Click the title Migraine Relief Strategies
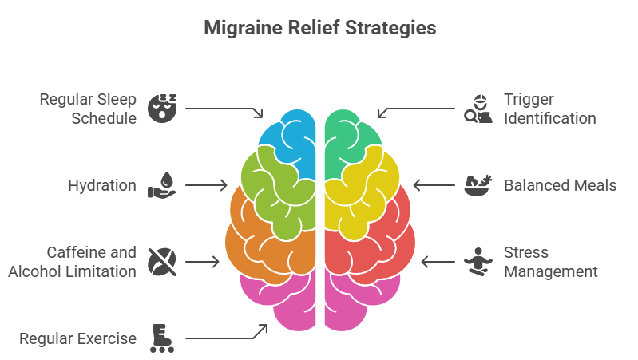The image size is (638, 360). coord(319,28)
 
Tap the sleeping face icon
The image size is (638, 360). coord(163,107)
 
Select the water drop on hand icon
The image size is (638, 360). coord(162,184)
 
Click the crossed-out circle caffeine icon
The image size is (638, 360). coord(162,261)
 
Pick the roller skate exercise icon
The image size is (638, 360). coord(162,337)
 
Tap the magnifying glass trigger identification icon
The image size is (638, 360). coord(478,108)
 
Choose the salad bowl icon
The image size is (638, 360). coord(478,185)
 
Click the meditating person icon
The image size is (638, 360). coord(478,262)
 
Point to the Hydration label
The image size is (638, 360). coord(102,185)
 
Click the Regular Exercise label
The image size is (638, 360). coord(78,338)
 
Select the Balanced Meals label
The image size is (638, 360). coord(560,185)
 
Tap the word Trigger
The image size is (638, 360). coord(528,99)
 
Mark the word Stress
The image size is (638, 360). coord(525,252)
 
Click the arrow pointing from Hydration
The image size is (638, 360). coord(206,185)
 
